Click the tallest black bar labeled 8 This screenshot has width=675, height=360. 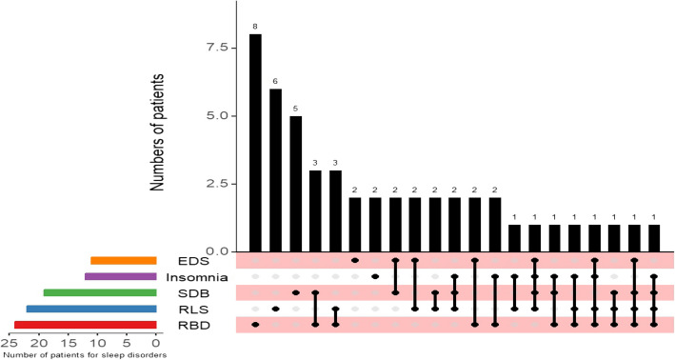pos(255,143)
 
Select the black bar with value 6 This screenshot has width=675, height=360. pos(275,170)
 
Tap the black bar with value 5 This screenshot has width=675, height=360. pos(295,184)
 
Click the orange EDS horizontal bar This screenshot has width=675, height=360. pos(124,261)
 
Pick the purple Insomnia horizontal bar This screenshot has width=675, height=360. pos(121,276)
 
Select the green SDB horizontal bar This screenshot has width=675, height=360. pos(100,292)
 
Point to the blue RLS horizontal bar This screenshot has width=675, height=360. pos(91,309)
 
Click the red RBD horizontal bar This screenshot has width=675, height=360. pos(86,325)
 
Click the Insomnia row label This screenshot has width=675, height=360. pos(197,277)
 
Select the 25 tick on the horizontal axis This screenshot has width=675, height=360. pos(9,343)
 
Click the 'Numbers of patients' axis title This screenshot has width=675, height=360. pos(157,132)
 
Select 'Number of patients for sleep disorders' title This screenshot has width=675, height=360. pos(84,355)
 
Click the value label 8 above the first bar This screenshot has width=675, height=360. pos(255,27)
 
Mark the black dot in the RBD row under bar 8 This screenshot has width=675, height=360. pos(255,325)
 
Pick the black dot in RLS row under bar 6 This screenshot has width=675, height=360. pos(275,309)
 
